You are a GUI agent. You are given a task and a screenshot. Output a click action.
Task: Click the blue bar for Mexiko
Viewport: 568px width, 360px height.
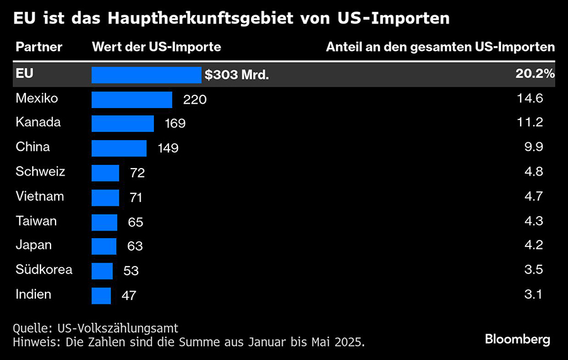(132, 99)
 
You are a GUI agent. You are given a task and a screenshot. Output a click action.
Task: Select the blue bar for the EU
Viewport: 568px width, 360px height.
(146, 75)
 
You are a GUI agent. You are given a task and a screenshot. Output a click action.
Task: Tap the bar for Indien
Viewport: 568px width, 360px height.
(101, 295)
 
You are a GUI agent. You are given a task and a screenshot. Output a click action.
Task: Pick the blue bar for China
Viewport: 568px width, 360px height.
(119, 148)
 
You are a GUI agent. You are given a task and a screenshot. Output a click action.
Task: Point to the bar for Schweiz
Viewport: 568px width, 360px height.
(105, 172)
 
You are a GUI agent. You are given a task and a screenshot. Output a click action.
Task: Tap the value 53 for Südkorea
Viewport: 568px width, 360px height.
(131, 271)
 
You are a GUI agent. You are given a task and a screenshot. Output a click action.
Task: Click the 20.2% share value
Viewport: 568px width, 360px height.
(535, 74)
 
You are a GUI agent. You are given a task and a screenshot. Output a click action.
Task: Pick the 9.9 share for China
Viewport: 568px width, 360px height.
(535, 147)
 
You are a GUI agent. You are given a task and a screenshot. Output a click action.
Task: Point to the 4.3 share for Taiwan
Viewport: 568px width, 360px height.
(535, 221)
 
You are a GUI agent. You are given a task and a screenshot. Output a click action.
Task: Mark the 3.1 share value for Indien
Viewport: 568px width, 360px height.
(535, 294)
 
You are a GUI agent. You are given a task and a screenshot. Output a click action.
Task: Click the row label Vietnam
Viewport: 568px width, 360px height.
(40, 196)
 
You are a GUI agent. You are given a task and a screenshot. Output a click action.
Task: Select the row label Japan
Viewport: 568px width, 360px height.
(34, 245)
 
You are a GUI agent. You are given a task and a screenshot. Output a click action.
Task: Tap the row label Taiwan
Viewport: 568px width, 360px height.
(37, 221)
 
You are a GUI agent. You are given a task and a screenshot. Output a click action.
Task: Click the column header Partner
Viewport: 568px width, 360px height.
(39, 47)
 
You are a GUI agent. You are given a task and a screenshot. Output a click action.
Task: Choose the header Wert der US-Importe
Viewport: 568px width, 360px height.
(157, 47)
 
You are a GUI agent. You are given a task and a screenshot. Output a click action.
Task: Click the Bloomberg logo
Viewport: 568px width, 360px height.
(517, 339)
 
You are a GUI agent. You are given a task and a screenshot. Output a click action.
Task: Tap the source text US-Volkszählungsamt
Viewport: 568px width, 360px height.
(117, 328)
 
